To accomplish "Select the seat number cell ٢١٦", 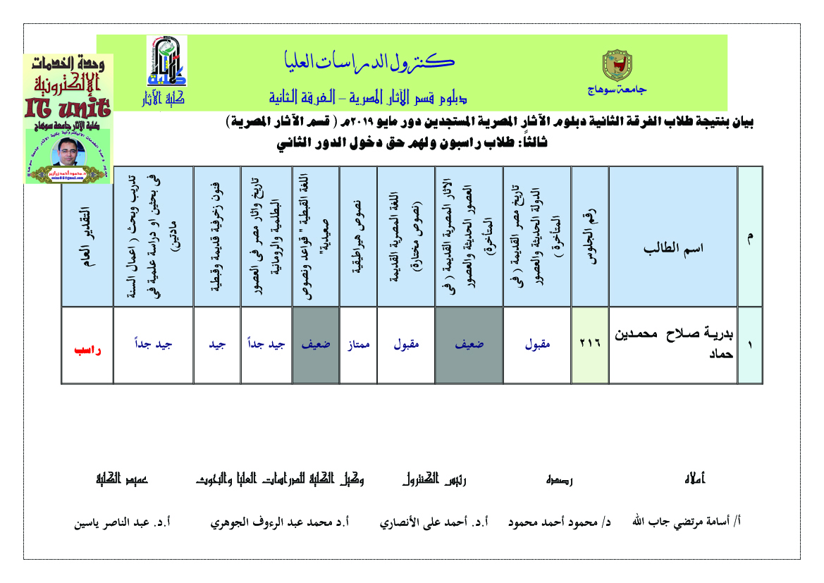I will point(589,345).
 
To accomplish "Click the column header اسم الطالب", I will point(672,248).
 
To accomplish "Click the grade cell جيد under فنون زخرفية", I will point(216,345).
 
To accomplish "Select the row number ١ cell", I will point(749,345).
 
